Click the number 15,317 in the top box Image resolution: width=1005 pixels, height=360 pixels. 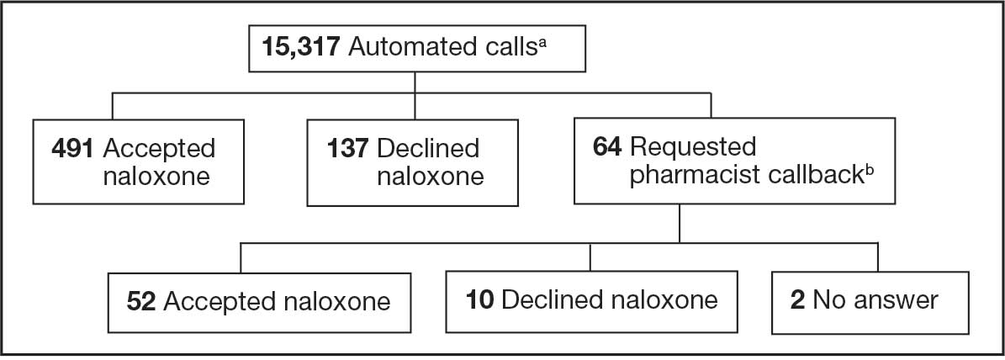(300, 47)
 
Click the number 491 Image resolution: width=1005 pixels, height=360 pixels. (73, 149)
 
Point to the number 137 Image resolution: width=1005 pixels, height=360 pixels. (348, 149)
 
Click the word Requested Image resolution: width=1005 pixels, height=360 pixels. (693, 149)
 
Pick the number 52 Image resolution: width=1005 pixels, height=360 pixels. (141, 301)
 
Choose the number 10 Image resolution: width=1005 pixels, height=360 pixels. (479, 299)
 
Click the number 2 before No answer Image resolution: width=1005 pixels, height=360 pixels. (797, 299)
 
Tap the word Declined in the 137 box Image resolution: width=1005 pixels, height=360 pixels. (428, 149)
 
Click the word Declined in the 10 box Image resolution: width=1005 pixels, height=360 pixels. (553, 299)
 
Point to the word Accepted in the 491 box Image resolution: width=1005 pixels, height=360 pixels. (159, 150)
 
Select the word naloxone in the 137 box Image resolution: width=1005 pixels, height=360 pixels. (430, 176)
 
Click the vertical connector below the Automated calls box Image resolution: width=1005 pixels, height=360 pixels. (415, 95)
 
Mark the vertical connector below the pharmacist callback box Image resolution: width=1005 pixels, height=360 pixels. (680, 224)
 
